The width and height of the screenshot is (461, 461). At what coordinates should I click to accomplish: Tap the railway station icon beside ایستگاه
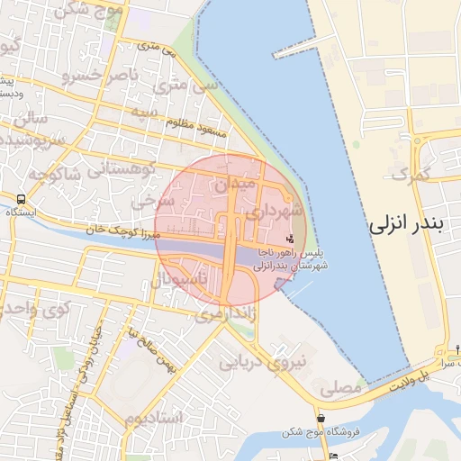(21, 198)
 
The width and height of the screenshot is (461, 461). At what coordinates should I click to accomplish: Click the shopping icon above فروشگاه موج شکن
(321, 418)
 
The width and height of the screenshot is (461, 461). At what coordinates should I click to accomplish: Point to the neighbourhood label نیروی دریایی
(264, 361)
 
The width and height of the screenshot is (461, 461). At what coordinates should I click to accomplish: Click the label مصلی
(339, 388)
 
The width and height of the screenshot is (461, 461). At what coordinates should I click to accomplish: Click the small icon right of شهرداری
(289, 239)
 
